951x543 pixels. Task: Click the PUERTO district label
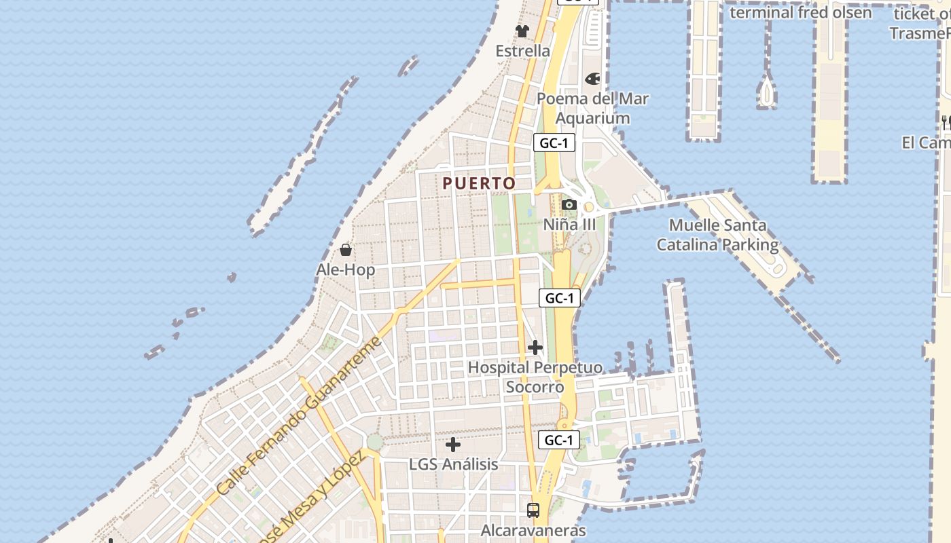coord(479,183)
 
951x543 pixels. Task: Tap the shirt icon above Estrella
coord(522,31)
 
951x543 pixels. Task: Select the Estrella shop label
coord(522,51)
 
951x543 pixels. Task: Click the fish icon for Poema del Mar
coord(592,79)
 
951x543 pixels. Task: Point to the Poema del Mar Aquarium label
coord(592,108)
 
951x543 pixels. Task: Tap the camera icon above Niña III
coord(569,205)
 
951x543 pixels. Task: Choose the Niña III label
coord(569,224)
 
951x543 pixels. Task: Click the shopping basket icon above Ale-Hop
coord(346,250)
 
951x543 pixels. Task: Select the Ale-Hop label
coord(346,270)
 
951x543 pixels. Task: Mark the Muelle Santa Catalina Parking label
coord(717,235)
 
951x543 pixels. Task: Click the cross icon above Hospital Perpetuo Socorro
coord(535,348)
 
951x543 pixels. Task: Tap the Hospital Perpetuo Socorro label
coord(535,377)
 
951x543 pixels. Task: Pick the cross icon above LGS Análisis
coord(453,445)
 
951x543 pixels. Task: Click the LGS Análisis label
coord(453,465)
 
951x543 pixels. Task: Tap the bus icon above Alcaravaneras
coord(533,510)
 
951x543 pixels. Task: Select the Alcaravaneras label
coord(533,530)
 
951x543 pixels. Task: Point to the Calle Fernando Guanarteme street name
coord(300,417)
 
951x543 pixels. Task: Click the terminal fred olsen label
coord(800,12)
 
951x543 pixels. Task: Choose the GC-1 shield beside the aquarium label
coord(554,143)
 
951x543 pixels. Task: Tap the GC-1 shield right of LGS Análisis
coord(559,440)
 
